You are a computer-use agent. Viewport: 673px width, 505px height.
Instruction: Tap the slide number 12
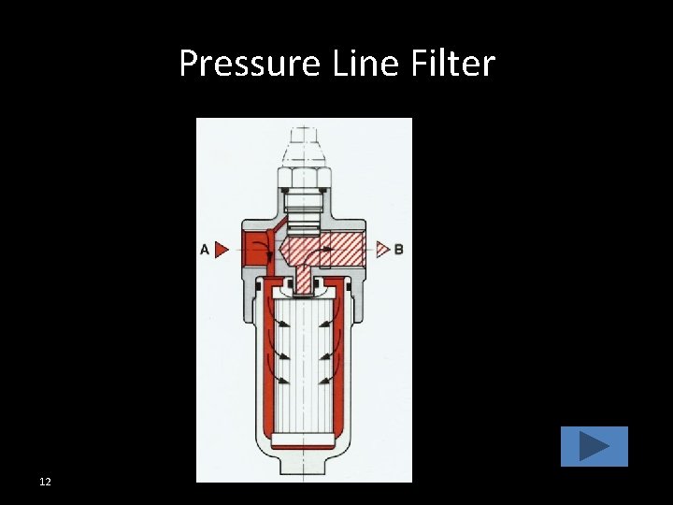pos(45,482)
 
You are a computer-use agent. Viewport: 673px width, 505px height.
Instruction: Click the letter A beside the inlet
pos(204,250)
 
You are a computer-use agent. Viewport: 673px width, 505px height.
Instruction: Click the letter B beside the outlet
pos(399,250)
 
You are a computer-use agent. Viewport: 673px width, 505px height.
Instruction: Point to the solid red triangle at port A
pos(221,250)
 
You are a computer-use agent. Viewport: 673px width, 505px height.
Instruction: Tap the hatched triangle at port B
pos(381,250)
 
